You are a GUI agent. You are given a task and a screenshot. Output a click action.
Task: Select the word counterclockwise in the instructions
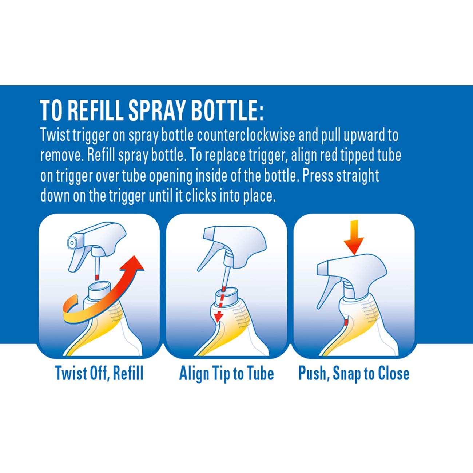[246, 135]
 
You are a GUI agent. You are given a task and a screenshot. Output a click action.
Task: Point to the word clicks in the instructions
[207, 196]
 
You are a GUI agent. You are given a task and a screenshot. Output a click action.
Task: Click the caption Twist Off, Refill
[99, 373]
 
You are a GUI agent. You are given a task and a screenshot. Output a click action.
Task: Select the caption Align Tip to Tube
[226, 373]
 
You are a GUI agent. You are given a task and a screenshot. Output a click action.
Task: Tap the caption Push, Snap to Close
[354, 373]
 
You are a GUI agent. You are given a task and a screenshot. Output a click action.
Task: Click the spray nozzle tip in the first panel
[72, 242]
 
